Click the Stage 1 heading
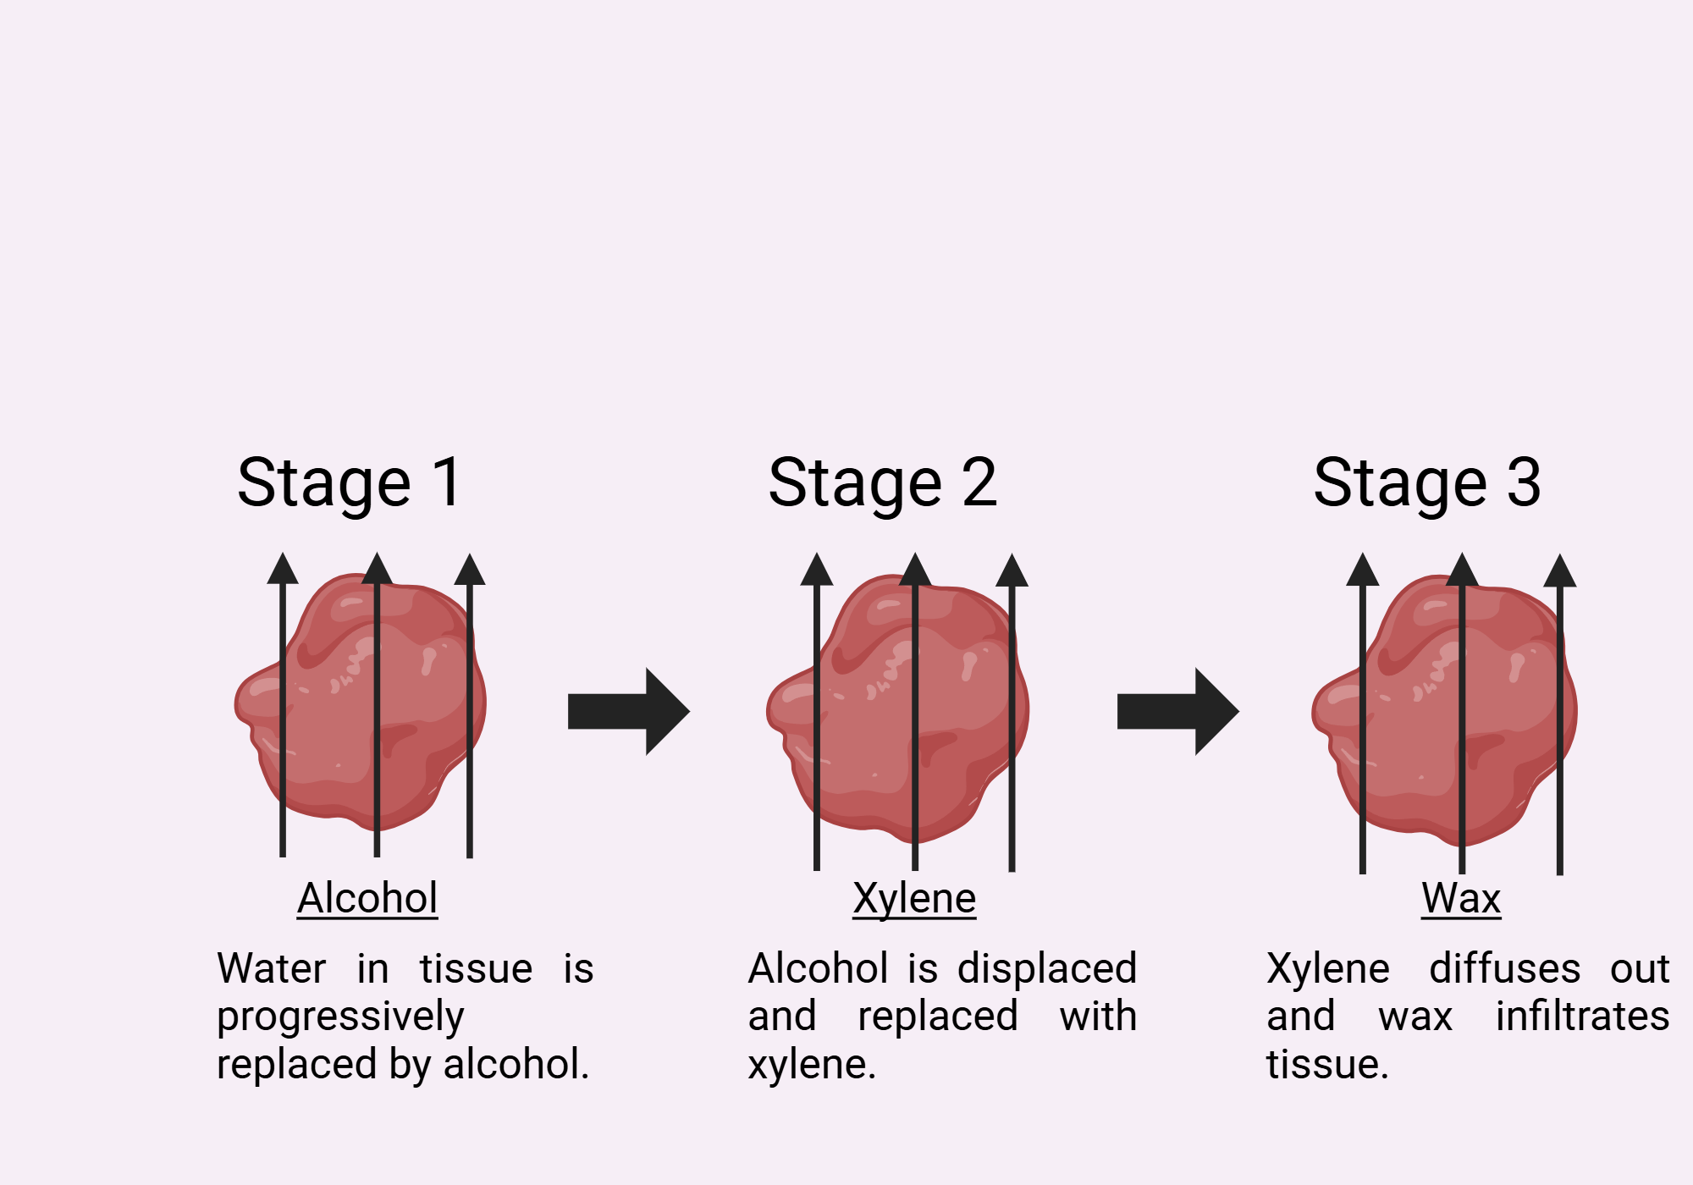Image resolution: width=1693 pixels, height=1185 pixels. pyautogui.click(x=350, y=482)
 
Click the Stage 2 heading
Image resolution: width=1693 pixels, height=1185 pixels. pyautogui.click(x=882, y=482)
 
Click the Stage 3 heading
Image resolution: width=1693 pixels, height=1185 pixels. pyautogui.click(x=1426, y=482)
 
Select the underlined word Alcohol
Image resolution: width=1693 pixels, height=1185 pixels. pyautogui.click(x=367, y=898)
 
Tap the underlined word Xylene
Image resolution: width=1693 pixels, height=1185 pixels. pyautogui.click(x=914, y=898)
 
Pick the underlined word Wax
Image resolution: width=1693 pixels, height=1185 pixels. pyautogui.click(x=1461, y=898)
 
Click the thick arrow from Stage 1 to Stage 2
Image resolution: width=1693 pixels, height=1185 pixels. pyautogui.click(x=628, y=711)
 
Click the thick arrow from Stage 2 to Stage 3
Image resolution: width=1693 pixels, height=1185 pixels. pyautogui.click(x=1177, y=711)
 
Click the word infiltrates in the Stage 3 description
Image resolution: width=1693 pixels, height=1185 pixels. pyautogui.click(x=1582, y=1016)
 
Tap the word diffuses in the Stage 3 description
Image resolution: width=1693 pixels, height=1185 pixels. pyautogui.click(x=1504, y=968)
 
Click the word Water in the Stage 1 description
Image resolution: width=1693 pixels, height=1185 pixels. pyautogui.click(x=271, y=968)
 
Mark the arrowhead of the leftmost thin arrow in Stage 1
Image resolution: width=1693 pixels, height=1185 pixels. pyautogui.click(x=283, y=570)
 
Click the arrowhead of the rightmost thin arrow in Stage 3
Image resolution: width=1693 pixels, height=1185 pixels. pyautogui.click(x=1559, y=571)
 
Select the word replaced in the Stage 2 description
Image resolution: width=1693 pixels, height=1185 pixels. pyautogui.click(x=937, y=1016)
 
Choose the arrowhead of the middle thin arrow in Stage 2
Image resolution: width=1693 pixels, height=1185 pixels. pyautogui.click(x=914, y=570)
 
